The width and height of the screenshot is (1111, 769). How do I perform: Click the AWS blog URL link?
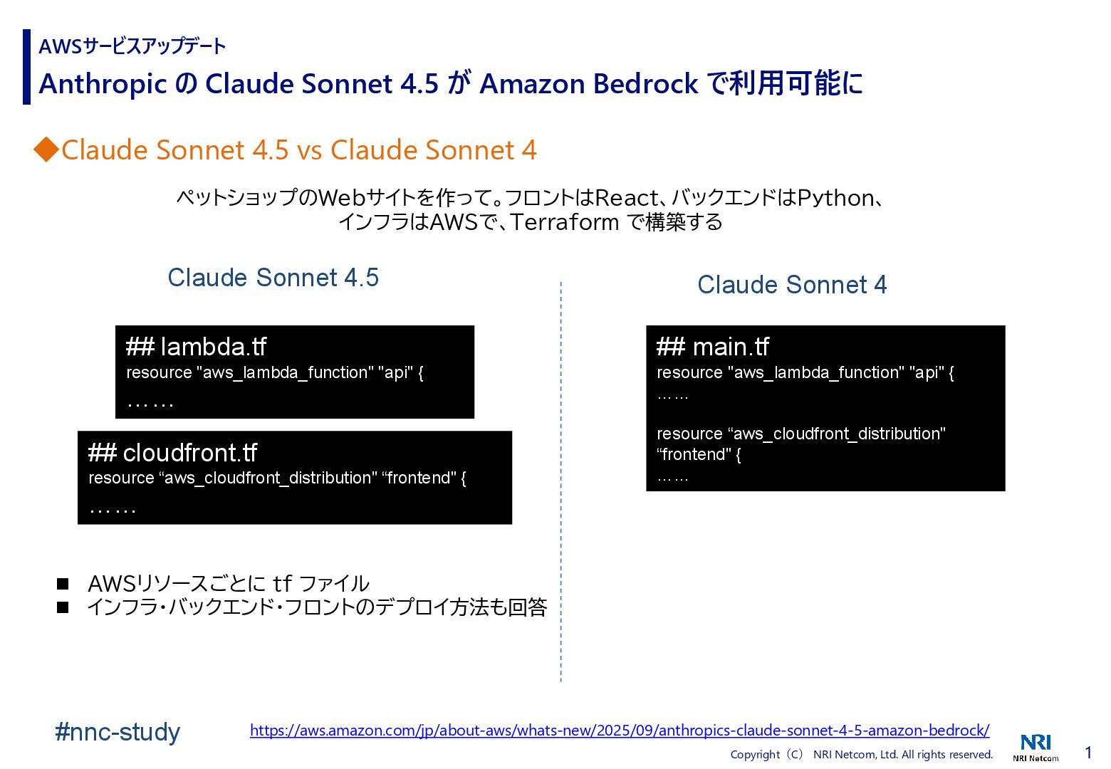pos(620,731)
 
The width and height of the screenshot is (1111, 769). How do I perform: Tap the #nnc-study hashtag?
pos(118,732)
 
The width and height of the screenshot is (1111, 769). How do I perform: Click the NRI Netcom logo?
pos(1036,746)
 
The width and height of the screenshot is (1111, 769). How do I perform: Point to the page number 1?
pos(1088,753)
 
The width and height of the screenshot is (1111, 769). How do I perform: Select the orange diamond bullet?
pos(46,150)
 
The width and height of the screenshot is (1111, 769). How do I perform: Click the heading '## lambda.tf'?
pos(196,347)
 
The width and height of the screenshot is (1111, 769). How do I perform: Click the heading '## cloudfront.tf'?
pos(172,453)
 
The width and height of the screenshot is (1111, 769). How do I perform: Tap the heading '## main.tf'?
pos(712,347)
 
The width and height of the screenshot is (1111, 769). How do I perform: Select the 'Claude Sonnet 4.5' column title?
pos(273,278)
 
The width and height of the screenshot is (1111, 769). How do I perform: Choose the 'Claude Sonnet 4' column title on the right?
pos(792,285)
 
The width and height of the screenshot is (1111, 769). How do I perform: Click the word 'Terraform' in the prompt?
pos(565,222)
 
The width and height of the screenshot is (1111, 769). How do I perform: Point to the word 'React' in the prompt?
pos(627,197)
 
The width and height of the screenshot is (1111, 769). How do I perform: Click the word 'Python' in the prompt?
pos(835,197)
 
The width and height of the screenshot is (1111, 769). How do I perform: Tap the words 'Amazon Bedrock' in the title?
pos(589,84)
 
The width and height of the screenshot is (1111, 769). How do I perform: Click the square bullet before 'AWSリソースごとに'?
pos(63,584)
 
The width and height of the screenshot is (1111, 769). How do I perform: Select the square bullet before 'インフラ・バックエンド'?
pos(63,607)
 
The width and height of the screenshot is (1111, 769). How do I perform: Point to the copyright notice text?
pos(861,755)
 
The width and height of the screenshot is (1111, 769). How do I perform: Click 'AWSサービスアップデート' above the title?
pos(132,46)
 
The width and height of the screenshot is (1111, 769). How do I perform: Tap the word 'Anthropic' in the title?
pos(102,84)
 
